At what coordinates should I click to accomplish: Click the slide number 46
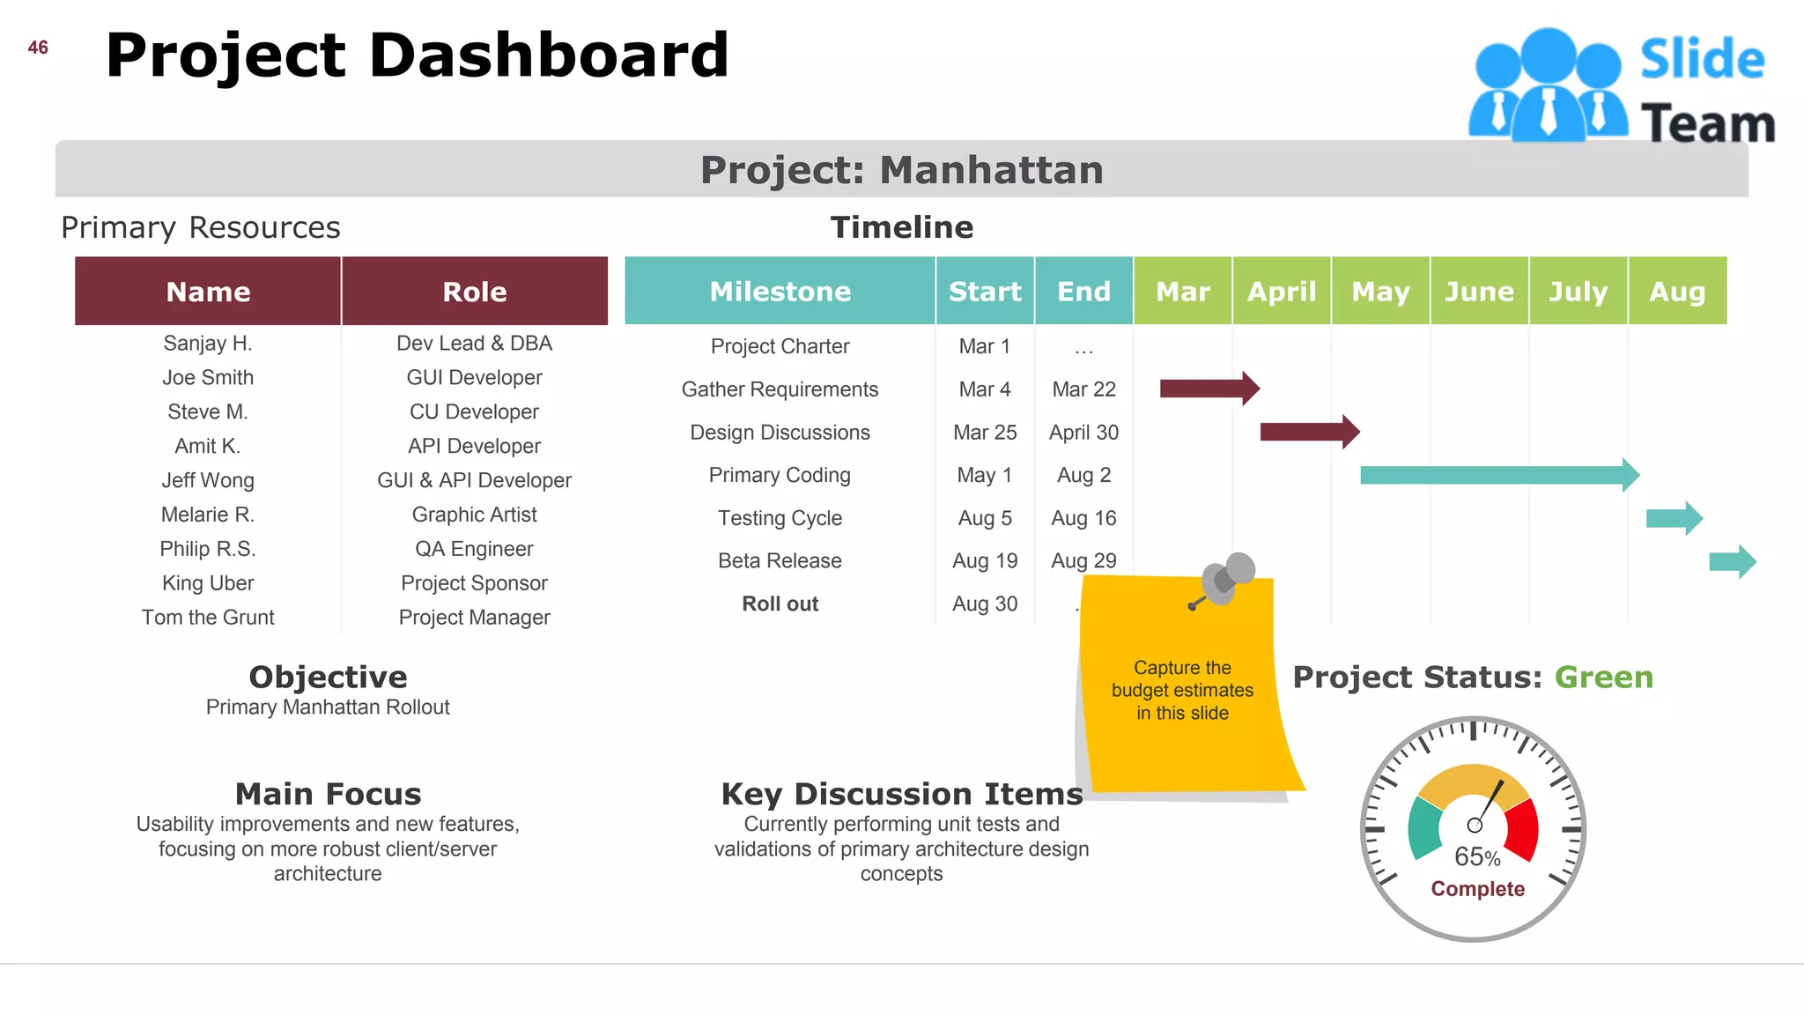pyautogui.click(x=38, y=48)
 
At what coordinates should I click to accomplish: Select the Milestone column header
pyautogui.click(x=780, y=292)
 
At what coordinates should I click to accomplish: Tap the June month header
pyautogui.click(x=1479, y=292)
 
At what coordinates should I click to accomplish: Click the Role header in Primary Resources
pyautogui.click(x=474, y=292)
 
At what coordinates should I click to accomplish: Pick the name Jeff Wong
pyautogui.click(x=208, y=480)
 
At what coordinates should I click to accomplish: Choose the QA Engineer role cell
pyautogui.click(x=474, y=549)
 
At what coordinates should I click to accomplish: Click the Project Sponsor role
pyautogui.click(x=474, y=583)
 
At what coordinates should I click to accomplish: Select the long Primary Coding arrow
pyautogui.click(x=1497, y=476)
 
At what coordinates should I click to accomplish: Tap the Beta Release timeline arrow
pyautogui.click(x=1732, y=561)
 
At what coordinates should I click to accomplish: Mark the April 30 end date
pyautogui.click(x=1083, y=433)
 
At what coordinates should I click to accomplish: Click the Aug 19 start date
pyautogui.click(x=985, y=561)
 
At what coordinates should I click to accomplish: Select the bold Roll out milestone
pyautogui.click(x=780, y=604)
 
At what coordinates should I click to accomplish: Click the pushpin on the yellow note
pyautogui.click(x=1226, y=578)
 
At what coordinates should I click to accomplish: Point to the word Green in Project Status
pyautogui.click(x=1603, y=678)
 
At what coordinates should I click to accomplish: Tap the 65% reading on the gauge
pyautogui.click(x=1477, y=856)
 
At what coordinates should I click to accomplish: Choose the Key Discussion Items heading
pyautogui.click(x=901, y=794)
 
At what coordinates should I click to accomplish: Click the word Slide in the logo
pyautogui.click(x=1702, y=60)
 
